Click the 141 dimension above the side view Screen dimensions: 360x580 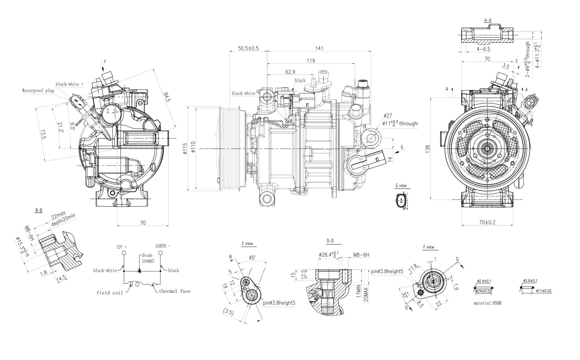319,48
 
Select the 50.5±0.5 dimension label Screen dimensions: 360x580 248,48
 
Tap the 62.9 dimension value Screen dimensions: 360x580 290,72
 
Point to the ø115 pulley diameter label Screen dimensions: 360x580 185,148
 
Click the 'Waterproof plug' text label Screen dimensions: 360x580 38,91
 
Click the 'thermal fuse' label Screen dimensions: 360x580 175,291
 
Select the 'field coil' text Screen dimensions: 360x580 110,293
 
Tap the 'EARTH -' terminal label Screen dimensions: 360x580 162,246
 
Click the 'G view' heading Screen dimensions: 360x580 401,186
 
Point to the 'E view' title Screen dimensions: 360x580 247,244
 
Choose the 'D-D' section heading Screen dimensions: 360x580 330,241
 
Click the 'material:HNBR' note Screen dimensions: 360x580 487,303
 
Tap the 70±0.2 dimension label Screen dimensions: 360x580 487,222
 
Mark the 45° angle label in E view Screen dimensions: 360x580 252,258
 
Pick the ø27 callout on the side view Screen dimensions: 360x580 388,116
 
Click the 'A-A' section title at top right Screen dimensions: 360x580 488,20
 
